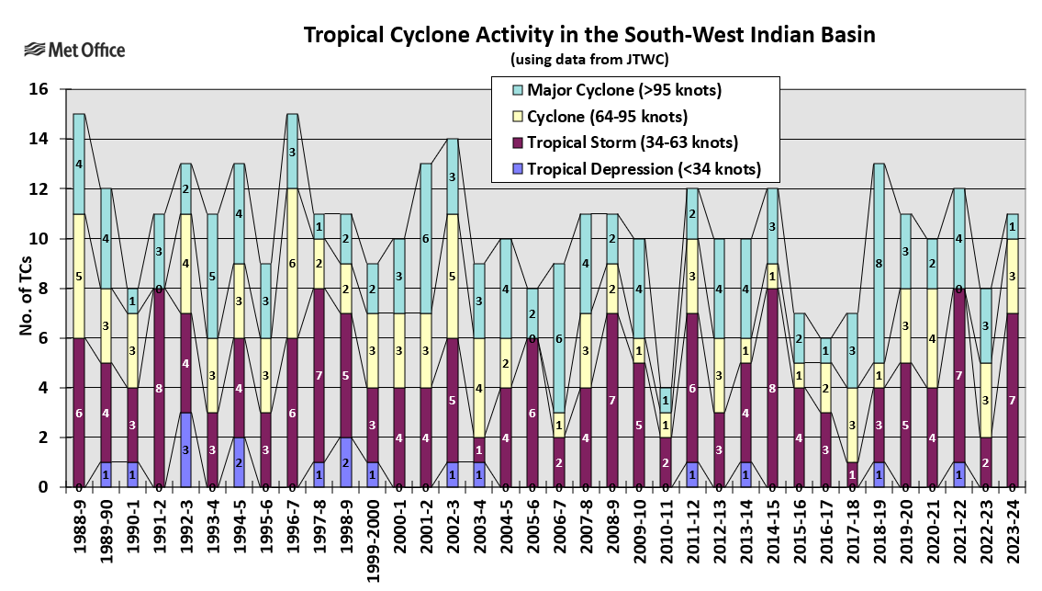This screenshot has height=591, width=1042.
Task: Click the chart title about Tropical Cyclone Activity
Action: (588, 35)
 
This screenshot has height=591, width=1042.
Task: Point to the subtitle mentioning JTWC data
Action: (588, 60)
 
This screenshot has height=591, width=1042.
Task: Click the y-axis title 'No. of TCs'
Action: (26, 287)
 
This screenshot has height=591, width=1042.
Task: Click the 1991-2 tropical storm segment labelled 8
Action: (160, 388)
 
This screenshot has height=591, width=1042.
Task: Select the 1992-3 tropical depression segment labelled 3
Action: (186, 449)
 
